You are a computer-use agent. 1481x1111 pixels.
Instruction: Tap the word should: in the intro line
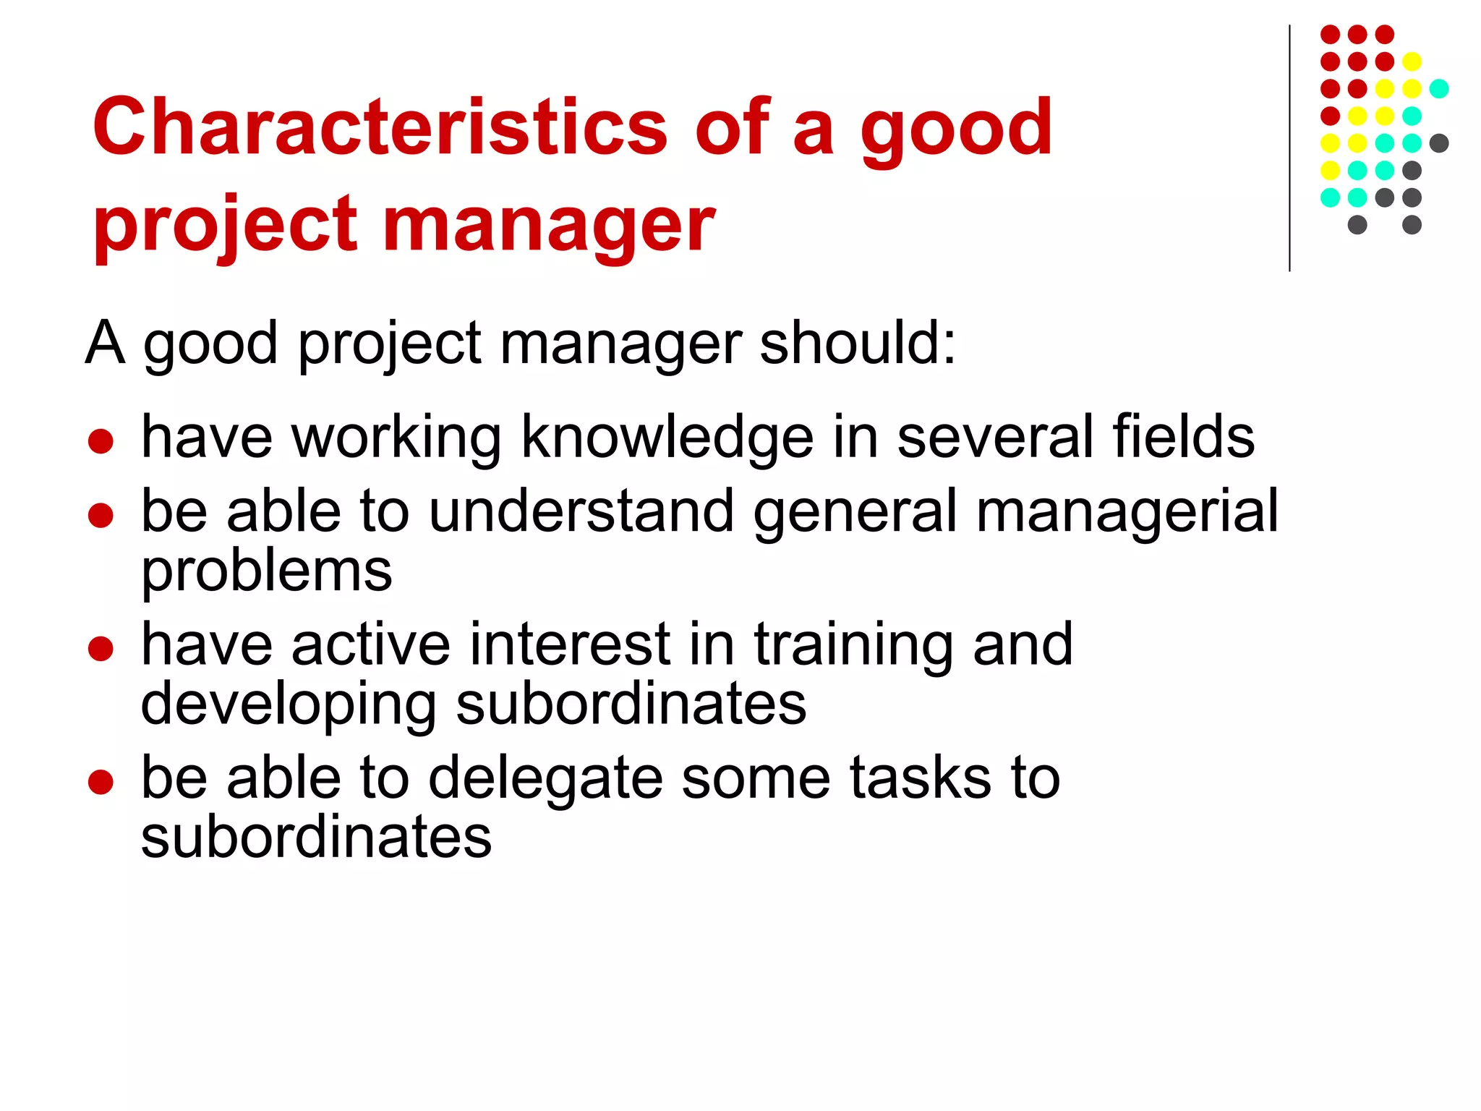pos(858,343)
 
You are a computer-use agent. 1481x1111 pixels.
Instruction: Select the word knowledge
pos(667,438)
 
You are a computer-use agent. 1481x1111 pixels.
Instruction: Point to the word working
pos(396,438)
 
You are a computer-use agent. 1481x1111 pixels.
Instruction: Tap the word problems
pos(266,572)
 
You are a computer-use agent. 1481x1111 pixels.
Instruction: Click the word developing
pos(289,705)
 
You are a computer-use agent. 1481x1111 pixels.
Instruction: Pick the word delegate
pos(545,779)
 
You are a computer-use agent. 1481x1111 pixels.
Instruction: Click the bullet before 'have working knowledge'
pos(101,441)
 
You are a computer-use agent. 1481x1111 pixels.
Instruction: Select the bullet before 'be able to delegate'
pos(101,782)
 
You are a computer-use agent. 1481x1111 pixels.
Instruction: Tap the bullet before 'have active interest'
pos(101,648)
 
